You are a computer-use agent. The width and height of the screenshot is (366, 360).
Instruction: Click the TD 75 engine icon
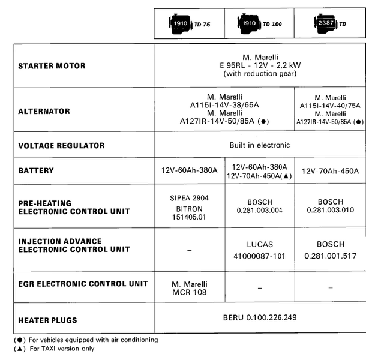[x=182, y=24]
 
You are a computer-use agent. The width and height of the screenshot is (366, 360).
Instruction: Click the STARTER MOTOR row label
[x=52, y=65]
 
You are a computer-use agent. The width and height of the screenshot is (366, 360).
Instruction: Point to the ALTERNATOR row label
[x=44, y=111]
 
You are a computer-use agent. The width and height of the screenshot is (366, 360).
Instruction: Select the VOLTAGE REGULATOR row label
[x=62, y=145]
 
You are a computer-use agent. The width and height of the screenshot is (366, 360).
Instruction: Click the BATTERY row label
[x=36, y=170]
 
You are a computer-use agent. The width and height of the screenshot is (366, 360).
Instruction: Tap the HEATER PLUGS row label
[x=48, y=320]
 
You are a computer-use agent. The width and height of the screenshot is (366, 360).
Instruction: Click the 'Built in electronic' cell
[x=259, y=145]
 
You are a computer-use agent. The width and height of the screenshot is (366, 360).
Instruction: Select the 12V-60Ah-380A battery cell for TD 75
[x=189, y=170]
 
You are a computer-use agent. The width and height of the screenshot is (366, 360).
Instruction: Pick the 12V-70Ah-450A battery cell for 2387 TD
[x=331, y=170]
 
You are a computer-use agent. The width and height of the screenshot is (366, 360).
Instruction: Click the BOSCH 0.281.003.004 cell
[x=260, y=206]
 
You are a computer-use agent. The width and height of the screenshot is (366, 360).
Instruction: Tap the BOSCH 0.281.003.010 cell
[x=331, y=206]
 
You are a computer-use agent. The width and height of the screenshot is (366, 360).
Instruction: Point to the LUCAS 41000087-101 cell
[x=260, y=250]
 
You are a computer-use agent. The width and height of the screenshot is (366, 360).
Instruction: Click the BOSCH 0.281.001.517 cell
[x=331, y=250]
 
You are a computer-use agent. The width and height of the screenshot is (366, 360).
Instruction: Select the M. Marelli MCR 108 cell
[x=189, y=288]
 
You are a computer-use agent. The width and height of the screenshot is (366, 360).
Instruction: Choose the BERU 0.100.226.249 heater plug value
[x=259, y=317]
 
